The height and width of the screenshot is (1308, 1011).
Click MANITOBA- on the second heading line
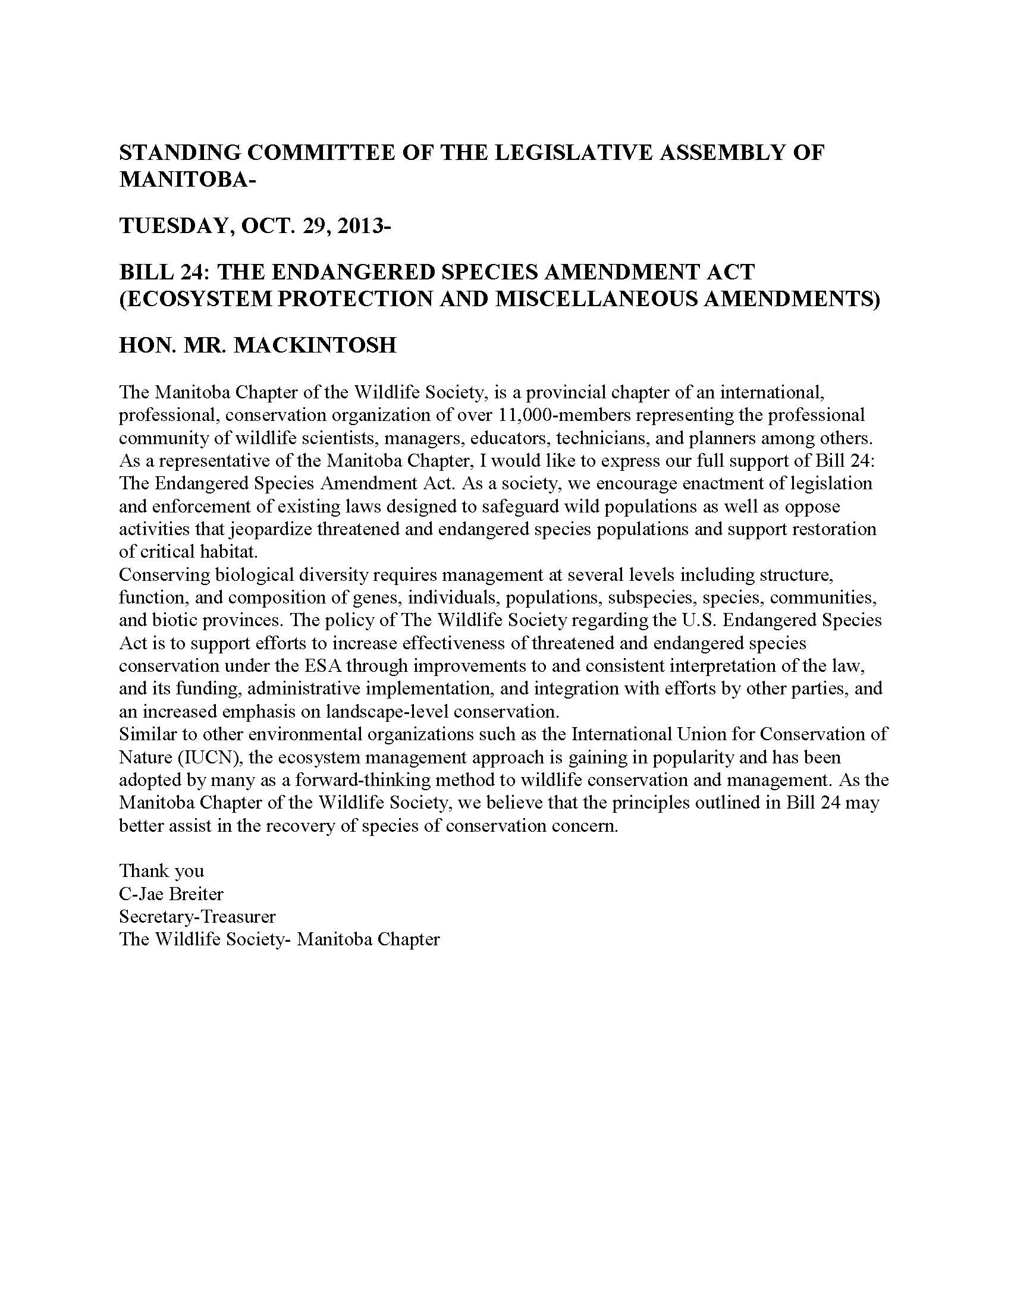click(187, 180)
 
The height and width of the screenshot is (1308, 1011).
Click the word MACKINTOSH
click(315, 345)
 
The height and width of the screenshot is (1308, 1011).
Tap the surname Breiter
click(196, 894)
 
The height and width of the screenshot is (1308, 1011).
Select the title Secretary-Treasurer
click(197, 917)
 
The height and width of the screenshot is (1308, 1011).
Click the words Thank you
click(162, 871)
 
